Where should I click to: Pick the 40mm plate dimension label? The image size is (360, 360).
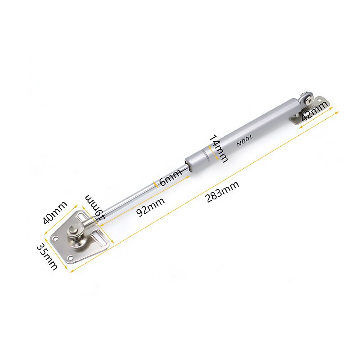[55, 213]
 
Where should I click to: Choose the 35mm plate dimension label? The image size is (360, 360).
[47, 256]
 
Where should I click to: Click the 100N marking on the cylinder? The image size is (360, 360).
[245, 137]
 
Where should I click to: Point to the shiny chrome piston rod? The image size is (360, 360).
[135, 194]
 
